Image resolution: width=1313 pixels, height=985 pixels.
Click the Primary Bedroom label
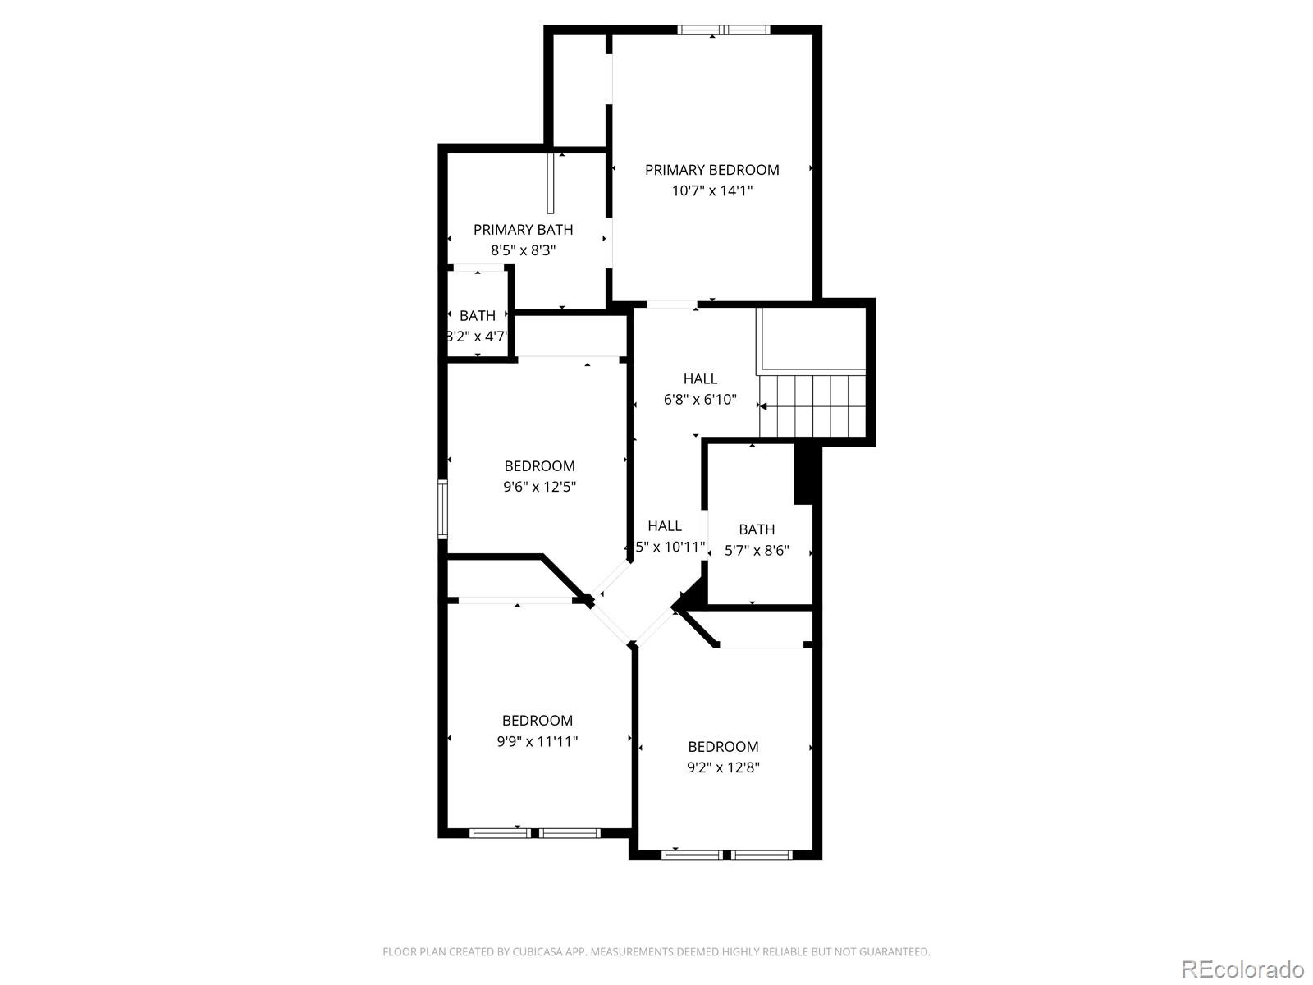coord(711,170)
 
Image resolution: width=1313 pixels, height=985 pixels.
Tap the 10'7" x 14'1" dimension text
coord(711,190)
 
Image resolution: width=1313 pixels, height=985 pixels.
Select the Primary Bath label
coord(523,230)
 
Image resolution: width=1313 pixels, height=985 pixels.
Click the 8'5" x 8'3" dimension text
coord(523,250)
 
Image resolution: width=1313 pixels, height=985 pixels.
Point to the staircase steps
coord(812,405)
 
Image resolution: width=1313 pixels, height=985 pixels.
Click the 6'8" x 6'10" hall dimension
coord(700,400)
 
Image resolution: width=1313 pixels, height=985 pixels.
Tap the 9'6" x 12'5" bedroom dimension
coord(539,487)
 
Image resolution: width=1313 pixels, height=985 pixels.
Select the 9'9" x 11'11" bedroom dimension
coord(537,741)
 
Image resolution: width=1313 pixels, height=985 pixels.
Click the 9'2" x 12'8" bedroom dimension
coord(723,767)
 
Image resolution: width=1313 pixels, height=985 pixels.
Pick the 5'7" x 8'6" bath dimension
coord(756,551)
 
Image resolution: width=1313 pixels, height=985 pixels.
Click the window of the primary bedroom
coord(723,30)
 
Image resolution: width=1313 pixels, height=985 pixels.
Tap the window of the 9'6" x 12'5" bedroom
coord(442,509)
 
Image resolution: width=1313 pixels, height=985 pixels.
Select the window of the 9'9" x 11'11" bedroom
coord(534,833)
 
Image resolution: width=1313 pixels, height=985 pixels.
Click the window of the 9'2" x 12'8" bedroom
coord(726,854)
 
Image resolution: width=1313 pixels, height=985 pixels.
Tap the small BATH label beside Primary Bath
coord(477,316)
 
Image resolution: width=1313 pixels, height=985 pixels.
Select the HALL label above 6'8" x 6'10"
coord(700,378)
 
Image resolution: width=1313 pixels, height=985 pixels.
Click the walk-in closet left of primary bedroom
coord(579,90)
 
